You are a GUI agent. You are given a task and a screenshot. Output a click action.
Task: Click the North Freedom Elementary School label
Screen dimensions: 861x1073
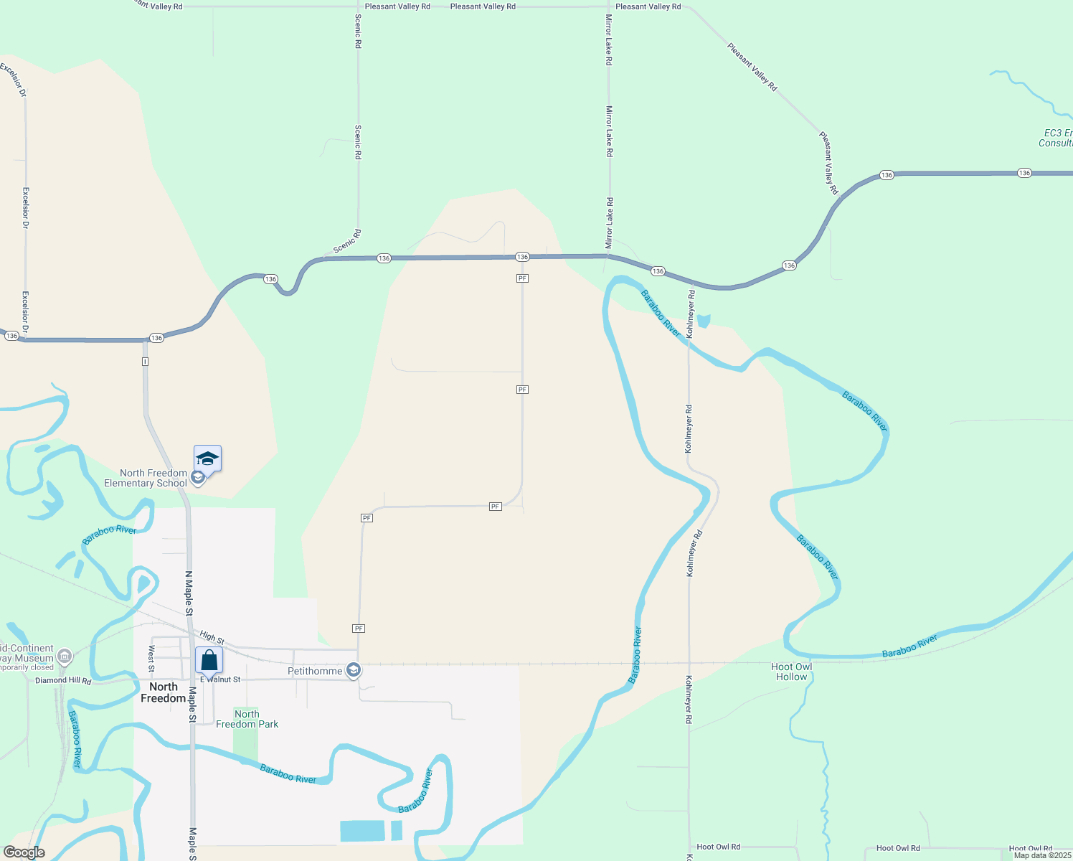146,478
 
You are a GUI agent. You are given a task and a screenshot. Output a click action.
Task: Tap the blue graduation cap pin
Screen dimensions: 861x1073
207,458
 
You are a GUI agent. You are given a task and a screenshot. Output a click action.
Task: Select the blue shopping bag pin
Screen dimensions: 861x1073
209,660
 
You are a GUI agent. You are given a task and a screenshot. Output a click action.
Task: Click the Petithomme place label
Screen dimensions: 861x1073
315,671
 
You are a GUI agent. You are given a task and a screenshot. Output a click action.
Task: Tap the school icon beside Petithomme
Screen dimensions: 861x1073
353,671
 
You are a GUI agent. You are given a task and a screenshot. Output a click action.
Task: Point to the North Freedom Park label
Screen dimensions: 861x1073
247,719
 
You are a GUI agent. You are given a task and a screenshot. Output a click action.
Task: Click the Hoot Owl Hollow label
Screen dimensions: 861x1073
791,672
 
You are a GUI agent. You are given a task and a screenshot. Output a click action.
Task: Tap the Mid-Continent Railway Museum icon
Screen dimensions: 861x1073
65,656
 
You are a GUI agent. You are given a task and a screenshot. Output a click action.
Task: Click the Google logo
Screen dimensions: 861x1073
24,852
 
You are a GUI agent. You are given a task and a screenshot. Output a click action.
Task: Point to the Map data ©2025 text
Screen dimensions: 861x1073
1041,855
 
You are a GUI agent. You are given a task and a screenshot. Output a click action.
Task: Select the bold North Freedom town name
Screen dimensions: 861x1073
163,692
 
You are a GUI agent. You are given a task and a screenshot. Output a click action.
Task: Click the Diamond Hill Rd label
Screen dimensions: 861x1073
63,680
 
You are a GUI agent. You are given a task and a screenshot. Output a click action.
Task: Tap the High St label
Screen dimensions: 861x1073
212,637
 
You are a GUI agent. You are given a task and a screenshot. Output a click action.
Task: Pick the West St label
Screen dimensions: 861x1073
151,659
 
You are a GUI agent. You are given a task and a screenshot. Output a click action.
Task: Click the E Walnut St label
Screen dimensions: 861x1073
221,679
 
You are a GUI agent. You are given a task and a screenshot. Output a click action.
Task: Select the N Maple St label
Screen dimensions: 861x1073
189,593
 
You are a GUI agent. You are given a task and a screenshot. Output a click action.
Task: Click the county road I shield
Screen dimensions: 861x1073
145,361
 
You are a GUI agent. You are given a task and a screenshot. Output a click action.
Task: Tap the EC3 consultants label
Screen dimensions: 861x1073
1056,138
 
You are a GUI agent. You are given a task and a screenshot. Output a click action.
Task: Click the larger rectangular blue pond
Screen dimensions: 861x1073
361,831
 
